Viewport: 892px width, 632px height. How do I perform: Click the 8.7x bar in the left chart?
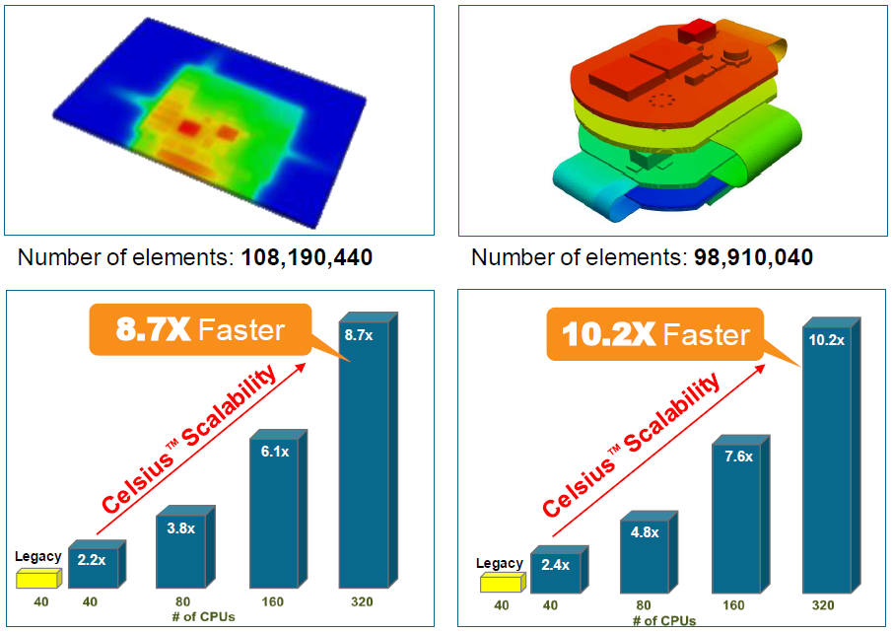click(364, 454)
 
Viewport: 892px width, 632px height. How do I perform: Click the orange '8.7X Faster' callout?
click(200, 329)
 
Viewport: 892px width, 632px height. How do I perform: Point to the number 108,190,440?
click(309, 258)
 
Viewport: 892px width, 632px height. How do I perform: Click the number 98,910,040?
click(751, 258)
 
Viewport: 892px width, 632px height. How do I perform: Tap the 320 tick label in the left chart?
click(363, 601)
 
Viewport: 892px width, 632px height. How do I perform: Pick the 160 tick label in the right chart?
click(733, 605)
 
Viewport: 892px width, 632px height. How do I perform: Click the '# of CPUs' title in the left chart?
click(201, 616)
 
